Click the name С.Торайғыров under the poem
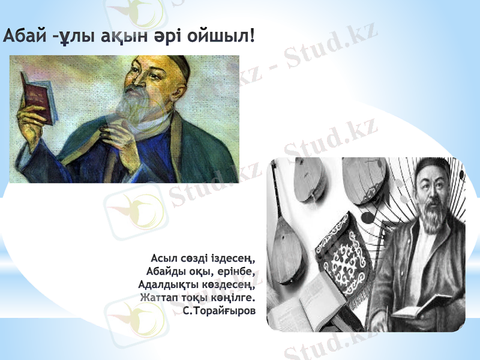point(219,313)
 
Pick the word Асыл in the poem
point(163,259)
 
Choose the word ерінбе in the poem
point(233,272)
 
